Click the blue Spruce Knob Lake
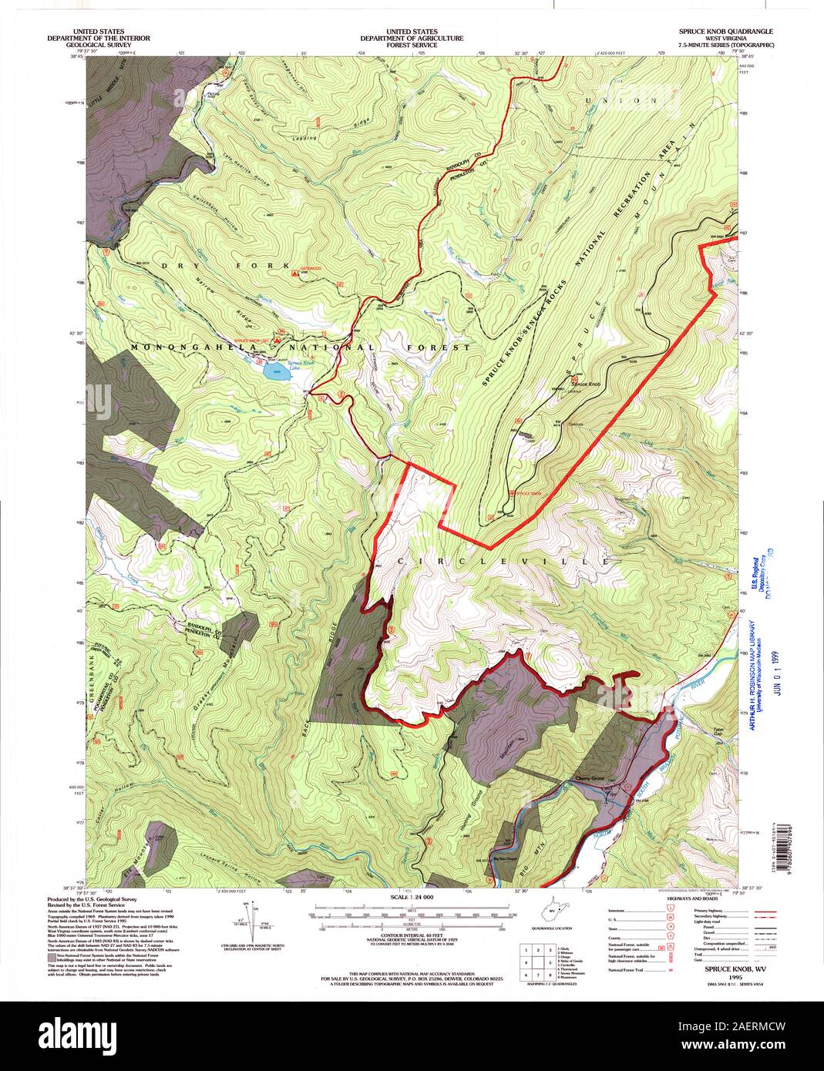pos(275,372)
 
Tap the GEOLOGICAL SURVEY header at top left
pos(98,45)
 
